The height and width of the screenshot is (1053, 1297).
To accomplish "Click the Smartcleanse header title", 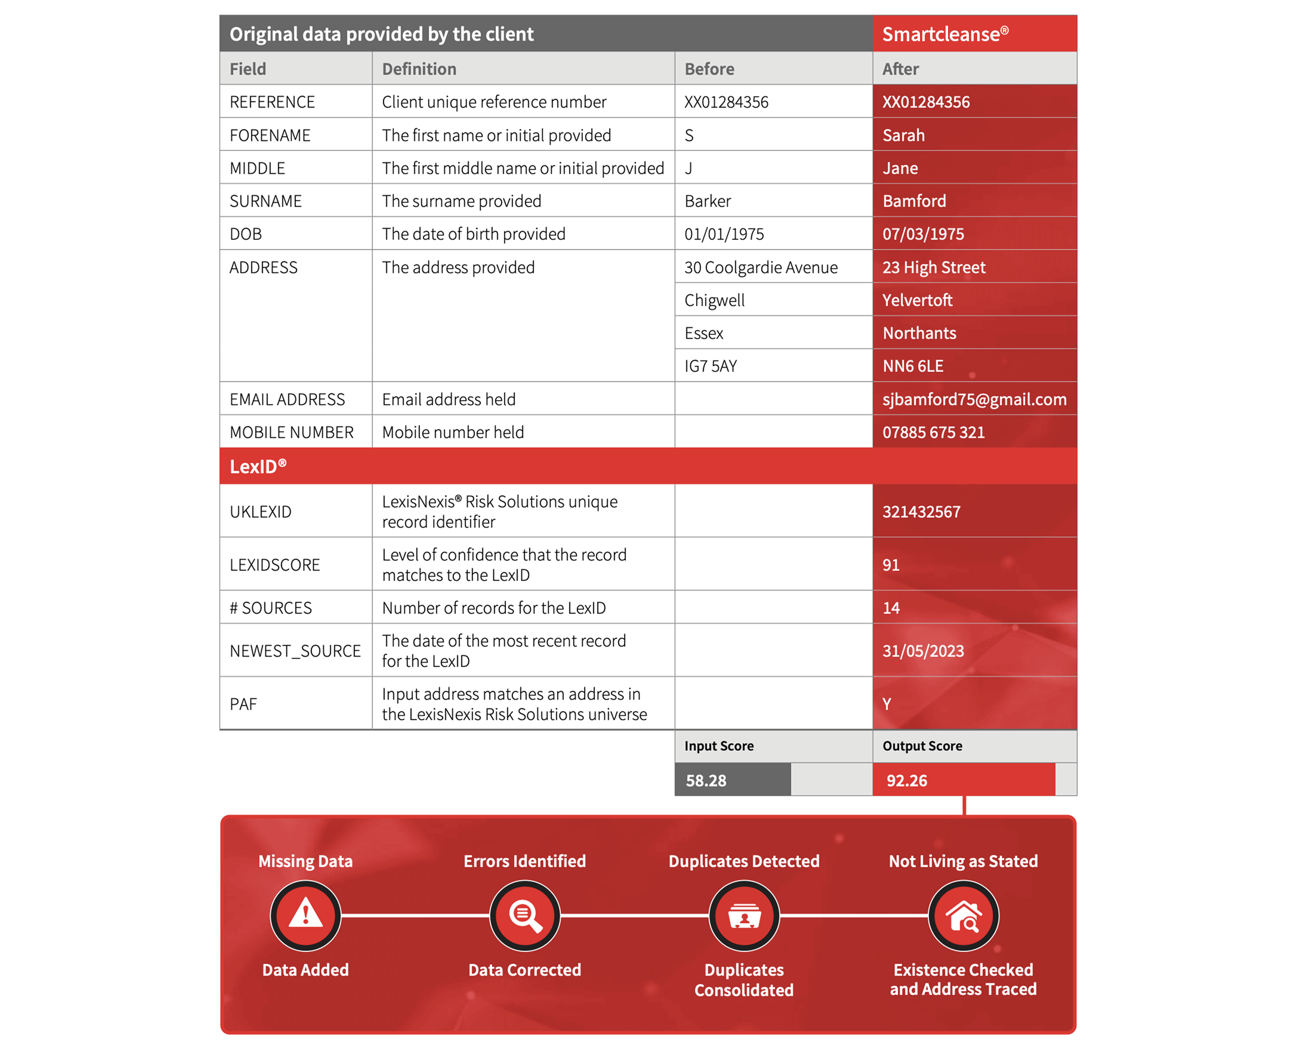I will (x=944, y=34).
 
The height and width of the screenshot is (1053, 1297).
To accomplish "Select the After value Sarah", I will (x=903, y=136).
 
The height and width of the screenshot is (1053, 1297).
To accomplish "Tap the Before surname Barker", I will (x=708, y=201).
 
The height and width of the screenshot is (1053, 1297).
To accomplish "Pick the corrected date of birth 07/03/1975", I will (x=922, y=234).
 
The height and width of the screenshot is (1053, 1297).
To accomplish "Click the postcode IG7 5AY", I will (x=711, y=367).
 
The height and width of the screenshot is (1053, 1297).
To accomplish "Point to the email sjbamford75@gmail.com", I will (x=974, y=399).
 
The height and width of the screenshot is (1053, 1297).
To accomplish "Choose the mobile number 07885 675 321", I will (x=932, y=432).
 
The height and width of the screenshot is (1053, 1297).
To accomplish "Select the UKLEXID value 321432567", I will (x=921, y=512).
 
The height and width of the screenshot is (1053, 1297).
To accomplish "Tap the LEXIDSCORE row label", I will (x=274, y=565).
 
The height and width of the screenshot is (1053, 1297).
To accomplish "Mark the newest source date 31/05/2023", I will (x=922, y=651).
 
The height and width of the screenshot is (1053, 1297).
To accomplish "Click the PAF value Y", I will (x=887, y=704).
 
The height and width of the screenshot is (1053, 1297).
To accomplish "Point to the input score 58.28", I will (x=705, y=781).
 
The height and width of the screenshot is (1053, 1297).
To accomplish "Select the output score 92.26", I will (x=906, y=781).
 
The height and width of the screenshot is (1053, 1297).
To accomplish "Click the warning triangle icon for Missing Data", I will (x=305, y=915).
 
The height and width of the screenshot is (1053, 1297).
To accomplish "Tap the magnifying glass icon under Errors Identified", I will (x=525, y=915).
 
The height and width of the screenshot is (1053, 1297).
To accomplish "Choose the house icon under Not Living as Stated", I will (x=963, y=915).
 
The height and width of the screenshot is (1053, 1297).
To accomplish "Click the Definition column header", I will (x=419, y=69).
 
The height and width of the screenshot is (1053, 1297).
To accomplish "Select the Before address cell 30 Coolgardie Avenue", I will (x=761, y=267).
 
